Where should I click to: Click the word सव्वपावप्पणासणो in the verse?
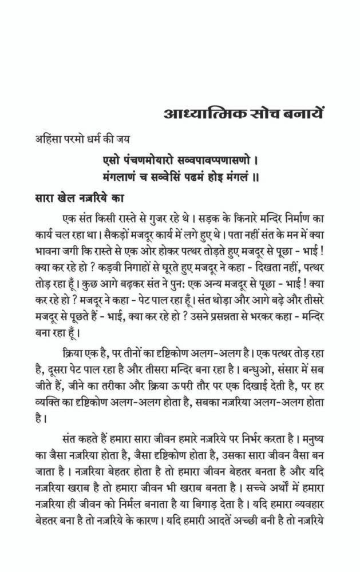pos(219,157)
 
